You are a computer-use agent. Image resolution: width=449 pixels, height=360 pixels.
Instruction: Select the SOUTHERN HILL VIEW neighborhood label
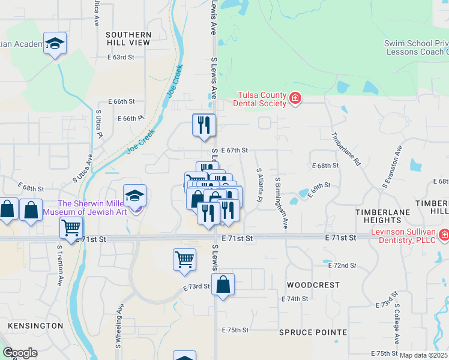[128, 39]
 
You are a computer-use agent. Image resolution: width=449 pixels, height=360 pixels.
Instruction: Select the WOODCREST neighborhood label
[313, 285]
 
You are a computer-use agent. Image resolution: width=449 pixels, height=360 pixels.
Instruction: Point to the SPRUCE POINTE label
[313, 332]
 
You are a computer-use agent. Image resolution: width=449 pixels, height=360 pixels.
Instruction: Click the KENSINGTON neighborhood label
[35, 326]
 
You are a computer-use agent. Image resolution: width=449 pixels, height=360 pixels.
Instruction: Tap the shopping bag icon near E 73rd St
[223, 285]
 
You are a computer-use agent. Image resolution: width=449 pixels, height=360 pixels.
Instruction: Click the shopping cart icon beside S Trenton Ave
[71, 227]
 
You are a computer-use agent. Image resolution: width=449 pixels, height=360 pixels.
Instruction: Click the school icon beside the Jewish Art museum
[134, 194]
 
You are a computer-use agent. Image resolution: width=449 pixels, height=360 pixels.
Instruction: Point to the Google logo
[20, 353]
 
